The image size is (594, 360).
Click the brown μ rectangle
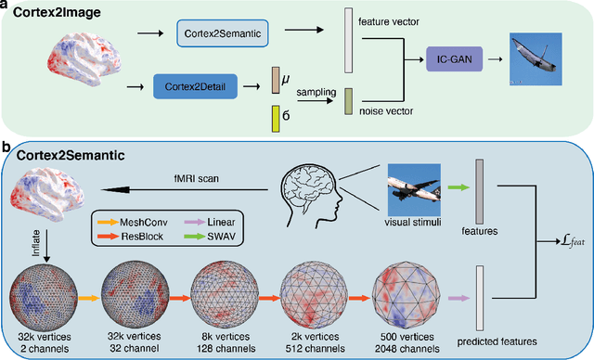276,80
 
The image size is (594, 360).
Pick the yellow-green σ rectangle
276,117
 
